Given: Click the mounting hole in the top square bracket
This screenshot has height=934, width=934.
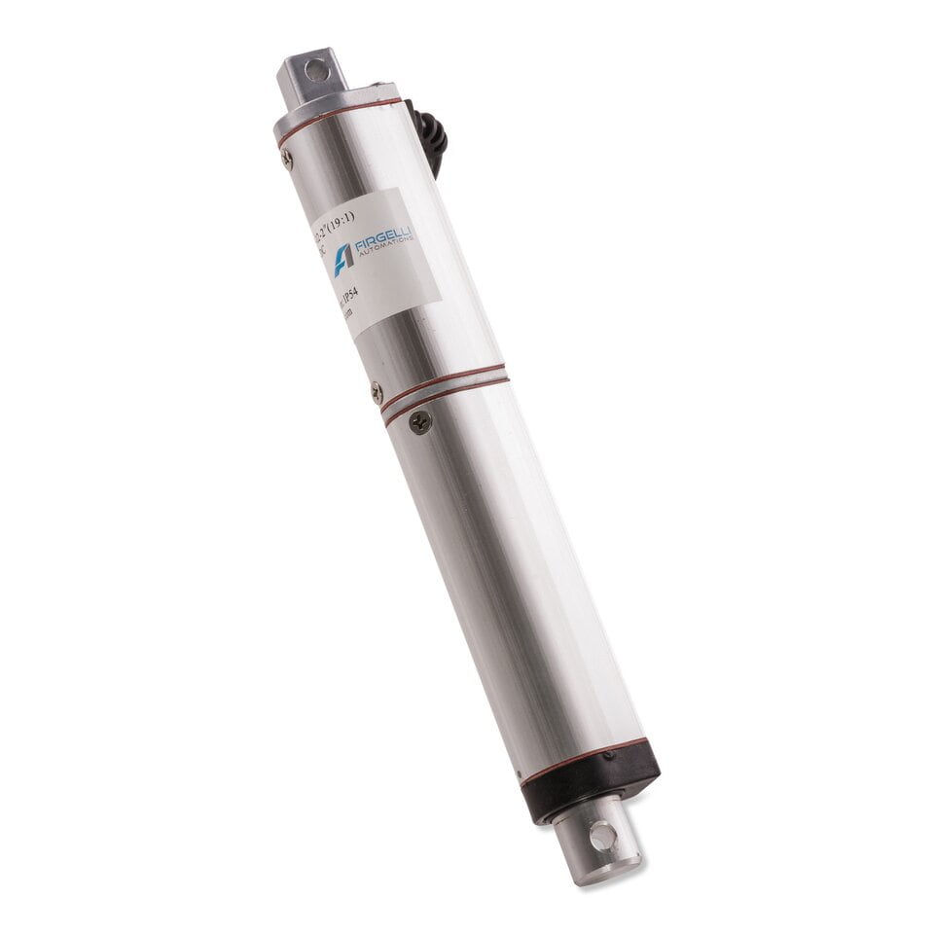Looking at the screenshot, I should point(312,69).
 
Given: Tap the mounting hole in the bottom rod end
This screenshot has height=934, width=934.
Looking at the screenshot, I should point(601,835).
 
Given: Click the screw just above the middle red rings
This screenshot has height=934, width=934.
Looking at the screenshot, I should point(377,390).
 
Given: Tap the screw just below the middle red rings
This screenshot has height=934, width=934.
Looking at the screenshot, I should point(419,421).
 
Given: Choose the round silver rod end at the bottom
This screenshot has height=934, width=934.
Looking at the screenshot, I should point(597,842).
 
